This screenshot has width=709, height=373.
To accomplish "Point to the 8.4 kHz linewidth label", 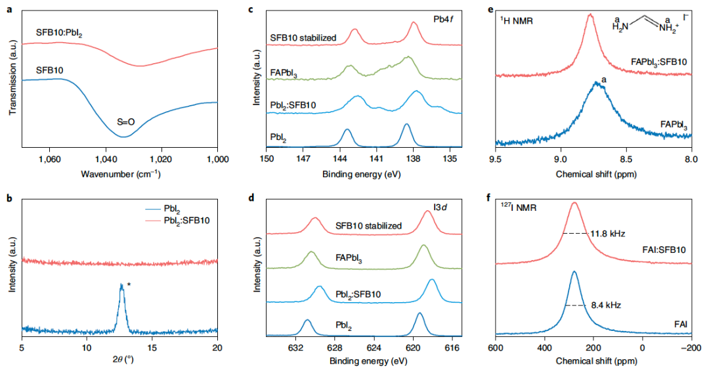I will tap(605, 305).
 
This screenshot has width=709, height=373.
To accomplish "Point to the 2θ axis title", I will tap(119, 361).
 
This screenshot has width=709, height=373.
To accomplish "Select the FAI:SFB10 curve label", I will tap(664, 250).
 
